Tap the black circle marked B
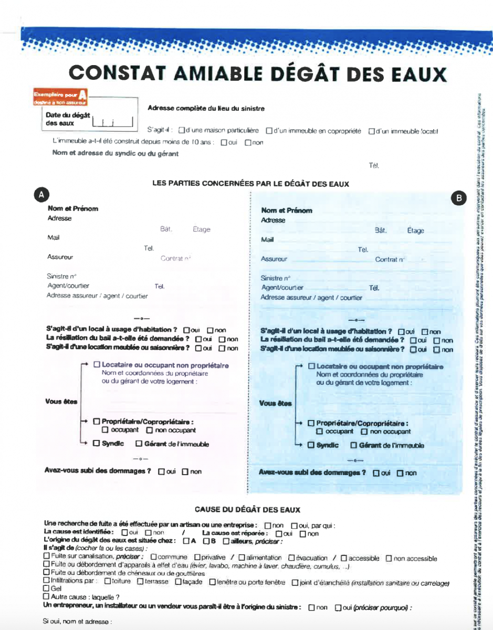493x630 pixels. point(459,197)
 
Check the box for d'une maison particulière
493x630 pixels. point(181,131)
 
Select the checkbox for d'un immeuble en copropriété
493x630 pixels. point(268,131)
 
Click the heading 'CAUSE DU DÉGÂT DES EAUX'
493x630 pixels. point(247,509)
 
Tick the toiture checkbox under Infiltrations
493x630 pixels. point(107,582)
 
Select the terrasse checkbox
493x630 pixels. point(140,582)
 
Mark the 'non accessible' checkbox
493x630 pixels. point(389,558)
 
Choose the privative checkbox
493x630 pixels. point(197,558)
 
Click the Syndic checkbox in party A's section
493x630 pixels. point(96,443)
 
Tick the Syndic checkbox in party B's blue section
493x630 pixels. point(311,445)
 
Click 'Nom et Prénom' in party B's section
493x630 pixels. point(286,211)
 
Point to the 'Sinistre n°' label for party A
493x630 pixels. point(62,276)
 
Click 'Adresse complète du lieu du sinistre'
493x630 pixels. point(206,109)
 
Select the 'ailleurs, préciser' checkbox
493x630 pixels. point(226,541)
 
